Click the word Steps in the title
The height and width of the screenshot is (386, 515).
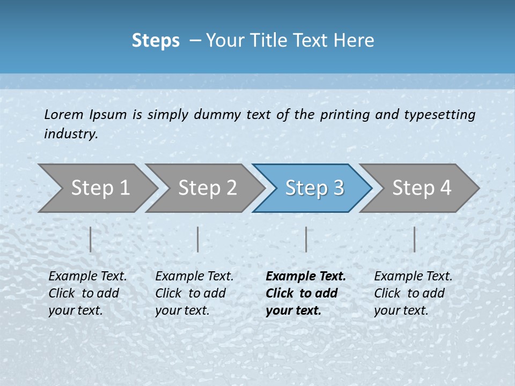[156, 41]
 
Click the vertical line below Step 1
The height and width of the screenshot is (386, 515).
[91, 239]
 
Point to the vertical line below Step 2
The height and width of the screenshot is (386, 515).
[198, 239]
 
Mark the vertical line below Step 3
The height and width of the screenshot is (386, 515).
[306, 239]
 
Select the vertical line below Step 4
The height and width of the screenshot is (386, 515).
[414, 239]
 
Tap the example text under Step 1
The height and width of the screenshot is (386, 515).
[87, 293]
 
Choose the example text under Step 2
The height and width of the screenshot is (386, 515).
[194, 293]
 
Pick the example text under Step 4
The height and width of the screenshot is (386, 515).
[413, 293]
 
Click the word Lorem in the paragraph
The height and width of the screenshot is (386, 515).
[64, 115]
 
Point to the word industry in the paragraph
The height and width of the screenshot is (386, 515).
[70, 134]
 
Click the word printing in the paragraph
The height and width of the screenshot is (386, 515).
[345, 115]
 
